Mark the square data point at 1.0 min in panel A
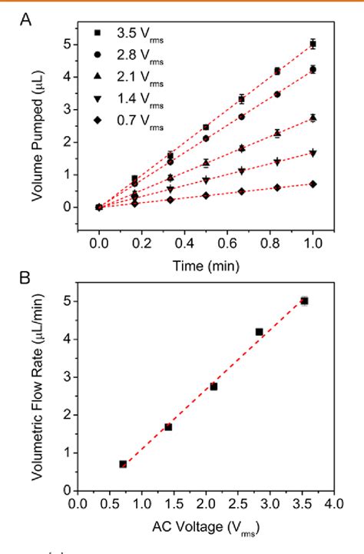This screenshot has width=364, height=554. (313, 45)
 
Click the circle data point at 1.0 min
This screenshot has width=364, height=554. (313, 69)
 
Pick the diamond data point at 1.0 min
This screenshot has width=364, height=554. (313, 184)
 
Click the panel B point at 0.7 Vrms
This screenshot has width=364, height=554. (123, 464)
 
